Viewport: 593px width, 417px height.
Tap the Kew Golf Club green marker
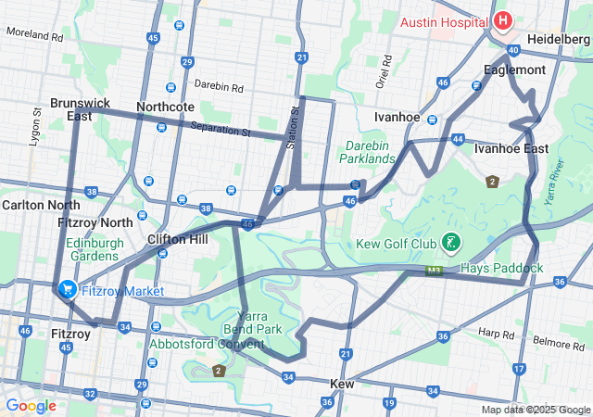[450, 244]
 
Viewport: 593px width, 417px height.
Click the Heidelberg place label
[558, 40]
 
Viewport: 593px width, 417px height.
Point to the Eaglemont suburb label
[514, 69]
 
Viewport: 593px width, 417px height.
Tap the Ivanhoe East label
[511, 148]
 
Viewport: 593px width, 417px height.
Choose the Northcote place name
[165, 107]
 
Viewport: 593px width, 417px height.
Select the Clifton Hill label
[177, 239]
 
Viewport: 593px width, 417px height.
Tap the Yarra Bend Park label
[252, 322]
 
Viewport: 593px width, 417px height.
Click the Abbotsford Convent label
[207, 344]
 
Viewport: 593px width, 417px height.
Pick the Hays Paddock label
[501, 269]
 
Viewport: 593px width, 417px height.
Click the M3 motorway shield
[435, 272]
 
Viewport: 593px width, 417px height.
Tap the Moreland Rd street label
[34, 35]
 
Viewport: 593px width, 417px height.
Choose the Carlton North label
[41, 204]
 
